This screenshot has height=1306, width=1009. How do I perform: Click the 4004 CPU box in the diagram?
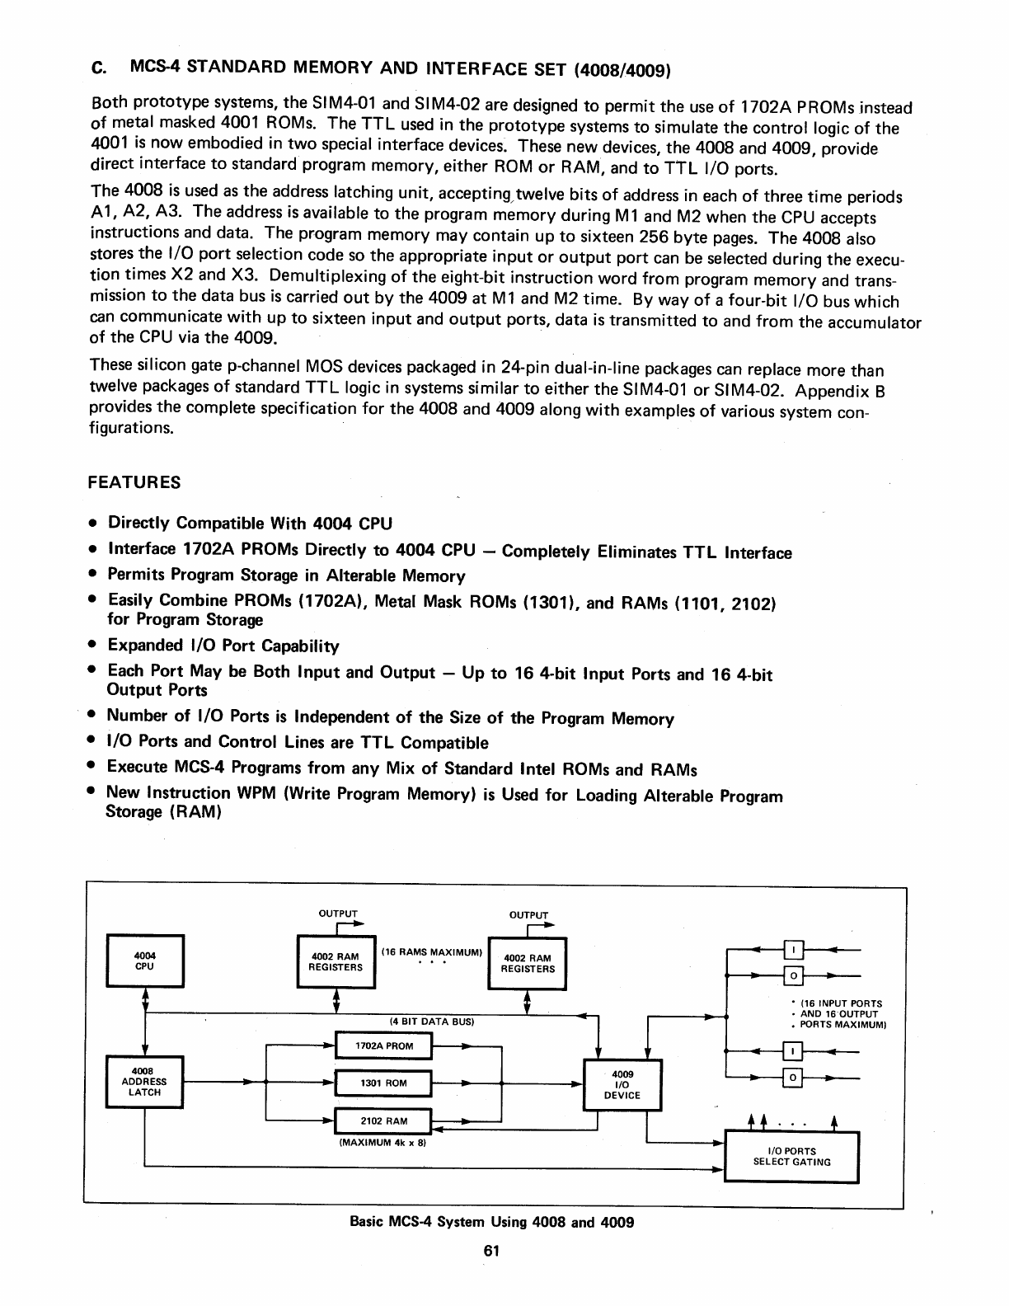145,961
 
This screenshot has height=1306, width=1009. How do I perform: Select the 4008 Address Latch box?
144,1082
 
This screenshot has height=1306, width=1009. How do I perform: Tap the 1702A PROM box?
383,1046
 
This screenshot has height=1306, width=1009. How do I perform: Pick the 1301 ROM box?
383,1083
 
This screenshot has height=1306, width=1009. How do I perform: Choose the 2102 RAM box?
383,1121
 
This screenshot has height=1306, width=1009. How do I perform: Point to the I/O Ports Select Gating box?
791,1157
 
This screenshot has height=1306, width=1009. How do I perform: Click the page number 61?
492,1251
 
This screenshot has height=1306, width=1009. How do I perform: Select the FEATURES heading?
134,482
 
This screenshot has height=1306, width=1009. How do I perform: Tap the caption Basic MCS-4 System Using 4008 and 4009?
492,1222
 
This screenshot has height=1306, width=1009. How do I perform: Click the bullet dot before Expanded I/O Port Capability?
95,646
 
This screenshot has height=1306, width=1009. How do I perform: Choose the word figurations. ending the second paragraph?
131,429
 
